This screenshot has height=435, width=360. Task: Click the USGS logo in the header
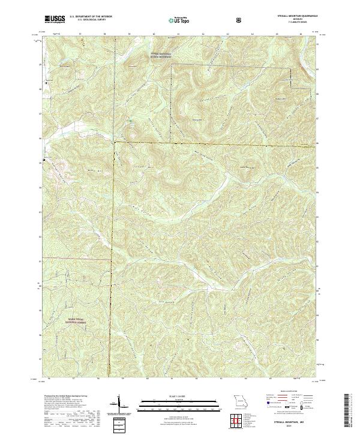click(55, 19)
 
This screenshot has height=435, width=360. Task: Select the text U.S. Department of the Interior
click(91, 16)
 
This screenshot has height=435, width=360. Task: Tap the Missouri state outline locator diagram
click(241, 400)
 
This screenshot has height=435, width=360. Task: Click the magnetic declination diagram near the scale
click(118, 406)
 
